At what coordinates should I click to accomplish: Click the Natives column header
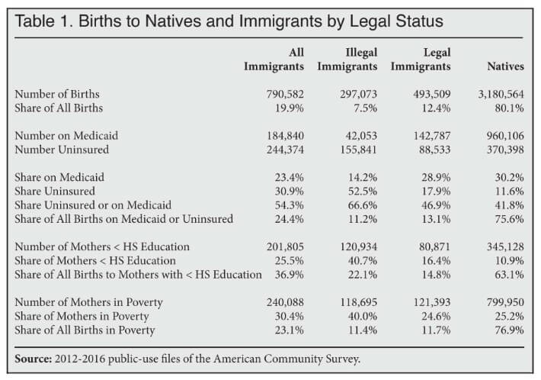tap(505, 66)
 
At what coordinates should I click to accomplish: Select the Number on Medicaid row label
tap(66, 136)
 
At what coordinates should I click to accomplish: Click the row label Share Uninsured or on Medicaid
tap(93, 205)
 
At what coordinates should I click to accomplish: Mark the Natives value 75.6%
tap(508, 219)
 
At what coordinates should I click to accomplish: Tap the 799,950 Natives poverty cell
tap(502, 302)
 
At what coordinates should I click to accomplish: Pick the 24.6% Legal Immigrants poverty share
tap(435, 316)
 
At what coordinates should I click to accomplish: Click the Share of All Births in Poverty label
tap(85, 330)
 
